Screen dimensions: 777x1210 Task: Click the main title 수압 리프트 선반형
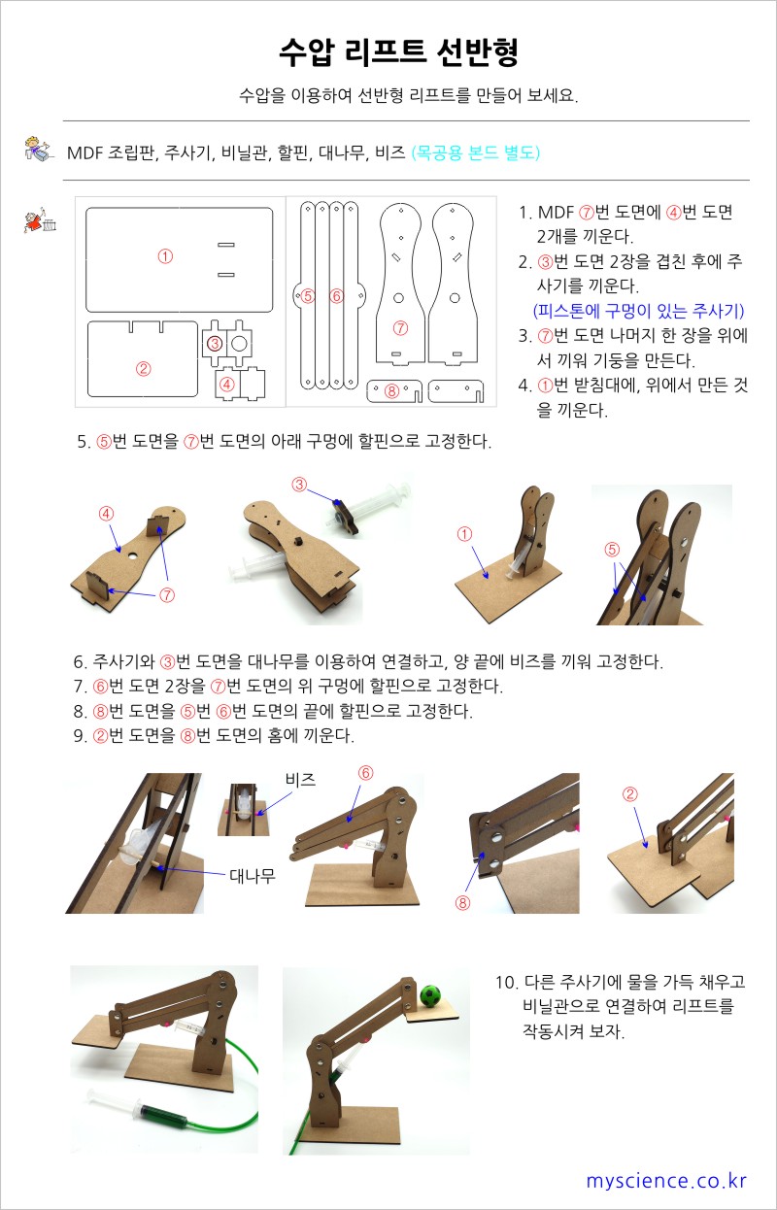(x=399, y=52)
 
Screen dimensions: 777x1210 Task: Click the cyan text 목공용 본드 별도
(x=476, y=152)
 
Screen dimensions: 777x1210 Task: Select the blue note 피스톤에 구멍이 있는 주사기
(x=639, y=311)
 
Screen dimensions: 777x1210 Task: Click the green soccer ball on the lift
(x=430, y=996)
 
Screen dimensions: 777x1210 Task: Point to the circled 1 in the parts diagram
(x=165, y=256)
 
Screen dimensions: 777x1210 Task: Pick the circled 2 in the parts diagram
(x=143, y=369)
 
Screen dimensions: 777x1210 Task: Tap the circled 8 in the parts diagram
(x=391, y=390)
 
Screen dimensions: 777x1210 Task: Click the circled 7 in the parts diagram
(x=400, y=328)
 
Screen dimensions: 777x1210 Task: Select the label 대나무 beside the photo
(x=253, y=876)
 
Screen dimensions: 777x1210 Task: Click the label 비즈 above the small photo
(x=300, y=780)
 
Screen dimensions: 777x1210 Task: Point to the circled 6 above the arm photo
(x=366, y=773)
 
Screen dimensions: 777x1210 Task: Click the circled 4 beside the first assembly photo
(x=107, y=513)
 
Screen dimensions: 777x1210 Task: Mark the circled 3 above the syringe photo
(x=299, y=484)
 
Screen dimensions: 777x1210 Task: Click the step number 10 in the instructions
(x=506, y=983)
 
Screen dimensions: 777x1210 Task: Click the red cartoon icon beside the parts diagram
(x=41, y=219)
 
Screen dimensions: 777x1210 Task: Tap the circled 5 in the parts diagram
(x=308, y=296)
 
